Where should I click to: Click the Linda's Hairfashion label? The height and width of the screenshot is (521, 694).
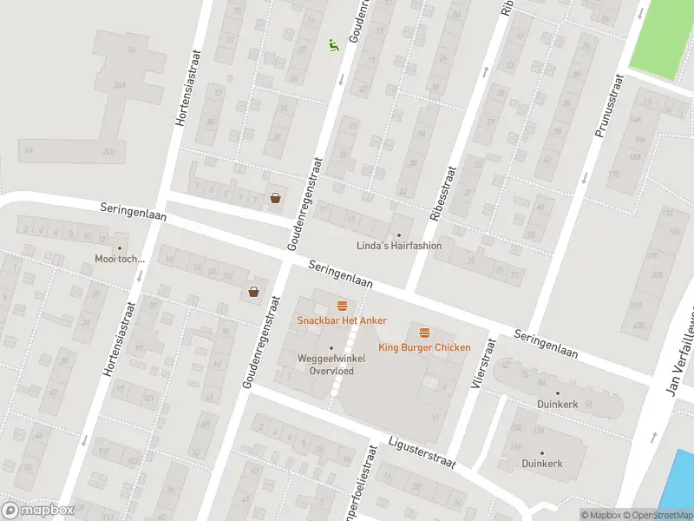coord(399,246)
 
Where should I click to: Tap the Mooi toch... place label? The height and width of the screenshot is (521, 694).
coord(121,259)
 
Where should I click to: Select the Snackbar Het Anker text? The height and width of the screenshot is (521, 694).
coord(342,320)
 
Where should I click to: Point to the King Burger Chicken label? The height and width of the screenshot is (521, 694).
coord(424,347)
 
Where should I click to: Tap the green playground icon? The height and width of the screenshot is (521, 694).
coord(332,44)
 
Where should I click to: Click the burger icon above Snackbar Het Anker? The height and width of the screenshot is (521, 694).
coord(342,306)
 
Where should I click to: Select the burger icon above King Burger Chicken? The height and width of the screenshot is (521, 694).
coord(424,333)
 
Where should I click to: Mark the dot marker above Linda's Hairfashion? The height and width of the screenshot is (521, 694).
coord(399,235)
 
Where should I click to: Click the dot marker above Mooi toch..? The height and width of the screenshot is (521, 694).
coord(121,248)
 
